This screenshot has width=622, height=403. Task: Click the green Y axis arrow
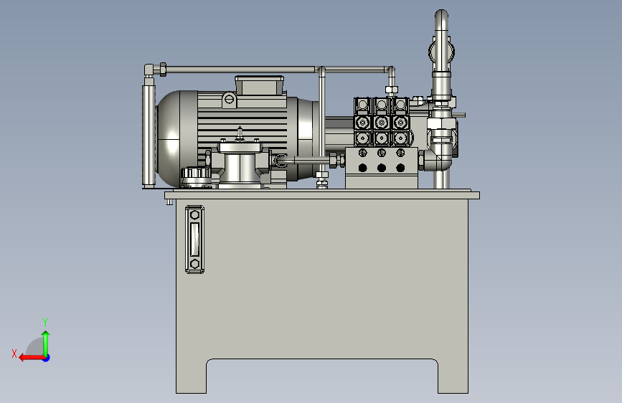(x=46, y=343)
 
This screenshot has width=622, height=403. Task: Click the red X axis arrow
(x=32, y=358)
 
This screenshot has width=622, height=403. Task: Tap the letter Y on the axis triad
(x=45, y=322)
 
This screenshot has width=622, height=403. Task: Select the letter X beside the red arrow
(x=14, y=354)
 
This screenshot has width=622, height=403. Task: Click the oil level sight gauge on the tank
(x=194, y=240)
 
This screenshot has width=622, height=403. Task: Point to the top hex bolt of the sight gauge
(x=194, y=215)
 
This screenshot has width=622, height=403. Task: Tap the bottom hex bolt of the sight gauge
(x=194, y=264)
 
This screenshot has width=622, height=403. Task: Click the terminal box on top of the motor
(x=260, y=85)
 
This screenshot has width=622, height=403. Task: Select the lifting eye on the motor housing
(x=230, y=99)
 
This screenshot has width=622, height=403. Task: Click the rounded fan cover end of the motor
(x=171, y=138)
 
